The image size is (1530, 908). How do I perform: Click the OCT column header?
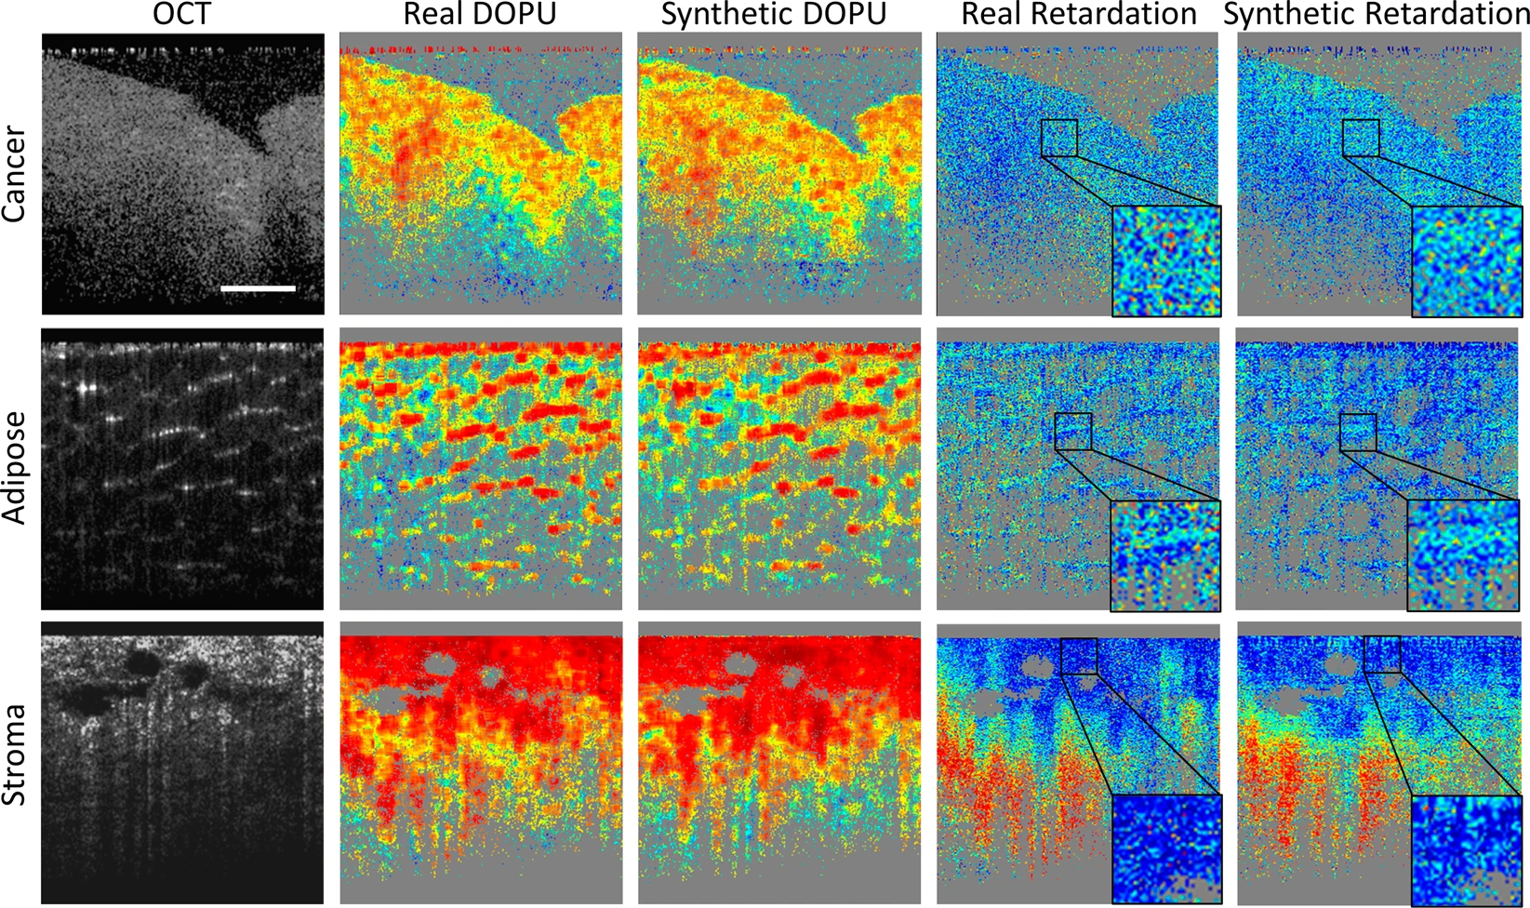point(182,14)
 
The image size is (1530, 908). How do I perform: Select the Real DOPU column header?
point(480,14)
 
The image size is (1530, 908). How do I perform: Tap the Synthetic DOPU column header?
point(773,14)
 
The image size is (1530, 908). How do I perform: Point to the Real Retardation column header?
point(1078,14)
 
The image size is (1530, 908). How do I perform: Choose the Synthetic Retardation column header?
point(1376,14)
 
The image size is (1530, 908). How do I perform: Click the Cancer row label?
point(16,175)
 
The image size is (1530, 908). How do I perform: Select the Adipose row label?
point(16,468)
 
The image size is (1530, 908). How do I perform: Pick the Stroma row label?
point(16,755)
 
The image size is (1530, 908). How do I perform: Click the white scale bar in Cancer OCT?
point(258,288)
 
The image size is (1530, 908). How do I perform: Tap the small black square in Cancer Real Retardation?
point(1058,138)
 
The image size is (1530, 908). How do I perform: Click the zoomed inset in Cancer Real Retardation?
point(1166,261)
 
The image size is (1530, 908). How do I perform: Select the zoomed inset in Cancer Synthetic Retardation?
point(1467,261)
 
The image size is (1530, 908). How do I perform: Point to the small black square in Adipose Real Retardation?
point(1072,432)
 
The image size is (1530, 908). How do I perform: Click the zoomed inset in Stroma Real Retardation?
point(1166,849)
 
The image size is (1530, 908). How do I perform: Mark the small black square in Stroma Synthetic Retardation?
point(1381,654)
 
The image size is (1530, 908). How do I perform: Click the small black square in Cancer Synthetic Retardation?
point(1361,138)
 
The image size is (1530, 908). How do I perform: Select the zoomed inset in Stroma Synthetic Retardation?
point(1466,849)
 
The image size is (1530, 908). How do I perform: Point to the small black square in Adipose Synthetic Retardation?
point(1357,433)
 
